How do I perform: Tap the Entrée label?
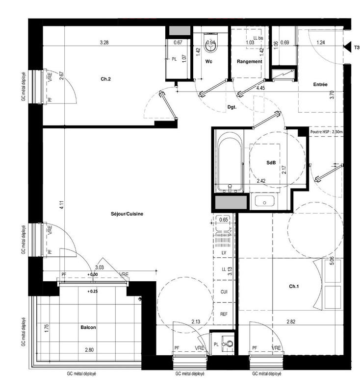(320, 85)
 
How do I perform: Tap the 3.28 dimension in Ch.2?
(104, 43)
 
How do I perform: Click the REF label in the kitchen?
(224, 314)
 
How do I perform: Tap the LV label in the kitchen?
(224, 252)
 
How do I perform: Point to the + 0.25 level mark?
(92, 291)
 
